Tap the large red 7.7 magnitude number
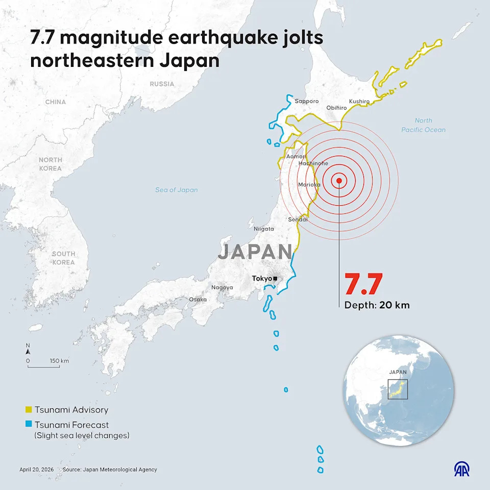(363, 285)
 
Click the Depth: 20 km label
(377, 305)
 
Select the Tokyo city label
(262, 279)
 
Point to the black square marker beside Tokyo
(276, 279)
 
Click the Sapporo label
(306, 101)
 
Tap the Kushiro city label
(359, 102)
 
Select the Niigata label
(264, 229)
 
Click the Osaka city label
(198, 299)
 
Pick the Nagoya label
(222, 287)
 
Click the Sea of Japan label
(176, 190)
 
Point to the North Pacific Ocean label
(423, 125)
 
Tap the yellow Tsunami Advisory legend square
(29, 410)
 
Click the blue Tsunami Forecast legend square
(29, 425)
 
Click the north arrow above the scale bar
(28, 349)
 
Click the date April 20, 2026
(36, 470)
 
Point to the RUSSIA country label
(162, 84)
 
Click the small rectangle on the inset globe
(398, 389)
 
